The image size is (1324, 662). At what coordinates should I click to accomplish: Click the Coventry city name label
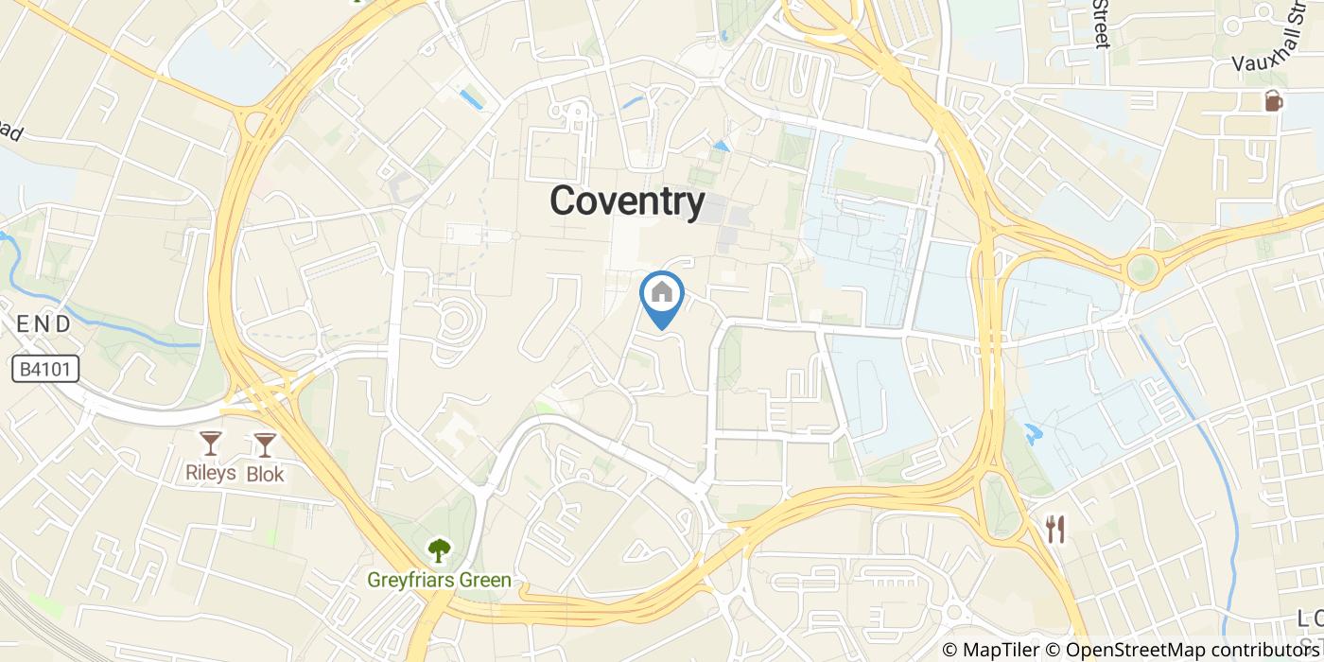tap(627, 201)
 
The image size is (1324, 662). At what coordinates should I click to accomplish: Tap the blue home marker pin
tap(662, 295)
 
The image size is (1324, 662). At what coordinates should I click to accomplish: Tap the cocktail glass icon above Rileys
tap(210, 444)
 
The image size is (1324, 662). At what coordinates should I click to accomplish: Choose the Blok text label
tap(265, 474)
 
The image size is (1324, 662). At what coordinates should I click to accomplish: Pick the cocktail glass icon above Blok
tap(265, 444)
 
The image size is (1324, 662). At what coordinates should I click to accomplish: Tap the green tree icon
tap(439, 549)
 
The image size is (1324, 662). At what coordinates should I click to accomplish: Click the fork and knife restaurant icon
tap(1055, 530)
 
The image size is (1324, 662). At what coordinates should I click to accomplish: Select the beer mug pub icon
tap(1274, 99)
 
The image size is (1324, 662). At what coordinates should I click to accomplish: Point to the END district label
tap(44, 323)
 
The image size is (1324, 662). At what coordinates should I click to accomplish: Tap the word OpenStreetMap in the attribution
tap(1125, 650)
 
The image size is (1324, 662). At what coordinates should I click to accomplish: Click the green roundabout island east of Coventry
tap(1142, 269)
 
